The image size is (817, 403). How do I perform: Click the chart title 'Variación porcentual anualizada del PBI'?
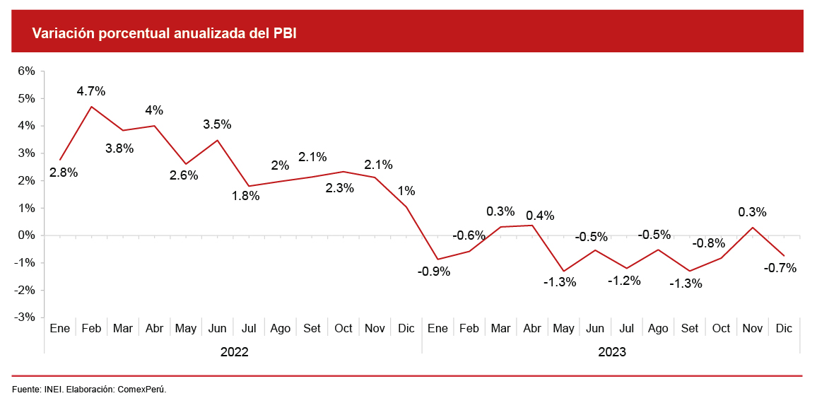[164, 33]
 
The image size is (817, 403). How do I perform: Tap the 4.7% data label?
[91, 91]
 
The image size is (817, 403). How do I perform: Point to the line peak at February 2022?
[92, 107]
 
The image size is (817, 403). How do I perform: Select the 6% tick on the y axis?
[26, 71]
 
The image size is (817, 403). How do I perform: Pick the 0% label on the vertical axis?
[26, 235]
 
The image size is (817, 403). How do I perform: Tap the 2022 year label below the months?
[235, 351]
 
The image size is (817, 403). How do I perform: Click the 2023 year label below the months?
[612, 351]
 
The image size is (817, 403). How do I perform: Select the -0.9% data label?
[434, 271]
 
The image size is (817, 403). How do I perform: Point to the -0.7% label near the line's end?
[780, 268]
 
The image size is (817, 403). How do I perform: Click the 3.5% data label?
[217, 124]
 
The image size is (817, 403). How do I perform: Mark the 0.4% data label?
[540, 216]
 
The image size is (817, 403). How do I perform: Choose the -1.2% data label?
[624, 281]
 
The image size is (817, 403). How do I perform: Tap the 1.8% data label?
[245, 196]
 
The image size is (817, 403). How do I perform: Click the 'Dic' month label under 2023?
[784, 328]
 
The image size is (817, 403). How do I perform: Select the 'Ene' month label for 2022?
[60, 328]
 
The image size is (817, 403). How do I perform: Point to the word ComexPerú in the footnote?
[141, 390]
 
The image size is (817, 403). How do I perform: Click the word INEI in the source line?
[52, 390]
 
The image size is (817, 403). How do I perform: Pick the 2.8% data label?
[64, 172]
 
